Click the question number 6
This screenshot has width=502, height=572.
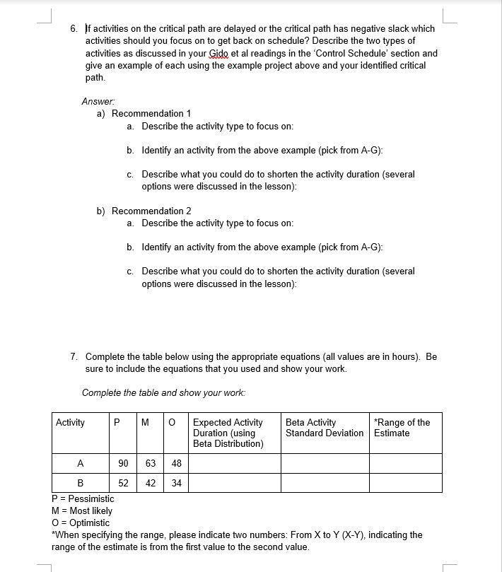(x=74, y=29)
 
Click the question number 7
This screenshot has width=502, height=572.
(x=74, y=356)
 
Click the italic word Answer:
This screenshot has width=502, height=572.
(x=97, y=101)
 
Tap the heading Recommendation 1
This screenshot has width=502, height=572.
(x=151, y=114)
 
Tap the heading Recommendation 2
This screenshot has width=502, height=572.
(x=151, y=211)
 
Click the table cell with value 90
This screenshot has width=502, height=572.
(x=123, y=464)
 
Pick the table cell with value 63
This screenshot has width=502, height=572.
(x=151, y=464)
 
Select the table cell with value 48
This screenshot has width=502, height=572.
(x=176, y=464)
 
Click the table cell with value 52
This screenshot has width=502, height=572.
(x=123, y=484)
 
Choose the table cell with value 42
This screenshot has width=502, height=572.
(x=151, y=484)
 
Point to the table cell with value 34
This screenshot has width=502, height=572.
(x=176, y=484)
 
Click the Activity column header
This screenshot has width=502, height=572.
(x=71, y=423)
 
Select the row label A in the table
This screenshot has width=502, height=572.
(x=81, y=464)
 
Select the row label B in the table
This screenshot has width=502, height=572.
(x=81, y=484)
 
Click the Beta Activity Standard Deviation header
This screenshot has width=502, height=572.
(x=325, y=428)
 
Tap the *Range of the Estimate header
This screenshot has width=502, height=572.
(x=402, y=428)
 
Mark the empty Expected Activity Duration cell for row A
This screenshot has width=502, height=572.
(x=234, y=464)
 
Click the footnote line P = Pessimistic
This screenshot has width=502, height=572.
(x=83, y=498)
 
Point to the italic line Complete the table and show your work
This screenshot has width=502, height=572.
(x=164, y=392)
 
